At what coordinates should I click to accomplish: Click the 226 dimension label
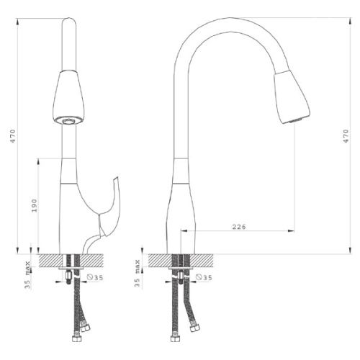click(x=239, y=227)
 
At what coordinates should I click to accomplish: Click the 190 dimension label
click(x=35, y=206)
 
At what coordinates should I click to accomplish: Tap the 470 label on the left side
click(x=12, y=136)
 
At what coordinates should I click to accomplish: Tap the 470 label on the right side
click(x=346, y=136)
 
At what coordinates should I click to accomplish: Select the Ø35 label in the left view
click(x=95, y=277)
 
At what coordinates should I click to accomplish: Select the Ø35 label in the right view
click(x=204, y=277)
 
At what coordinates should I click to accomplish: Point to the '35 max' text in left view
click(x=27, y=275)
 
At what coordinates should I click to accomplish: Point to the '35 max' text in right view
click(x=137, y=273)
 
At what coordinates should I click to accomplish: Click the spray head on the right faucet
click(x=292, y=97)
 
